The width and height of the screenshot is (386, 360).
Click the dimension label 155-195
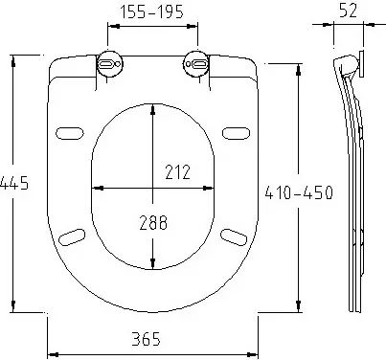[x=151, y=11]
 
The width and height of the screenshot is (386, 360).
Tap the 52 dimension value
[x=348, y=11]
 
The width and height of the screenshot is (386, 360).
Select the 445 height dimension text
[x=14, y=183]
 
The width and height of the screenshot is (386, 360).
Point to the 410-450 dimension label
[x=299, y=192]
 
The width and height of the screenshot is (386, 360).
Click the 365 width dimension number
[x=146, y=339]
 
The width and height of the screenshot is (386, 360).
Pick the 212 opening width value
[x=177, y=171]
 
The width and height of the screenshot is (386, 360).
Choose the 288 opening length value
[x=153, y=222]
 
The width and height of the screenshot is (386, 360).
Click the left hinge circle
[x=109, y=64]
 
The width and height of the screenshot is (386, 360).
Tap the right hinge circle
[x=196, y=64]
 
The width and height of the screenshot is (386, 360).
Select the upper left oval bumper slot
[x=70, y=133]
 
